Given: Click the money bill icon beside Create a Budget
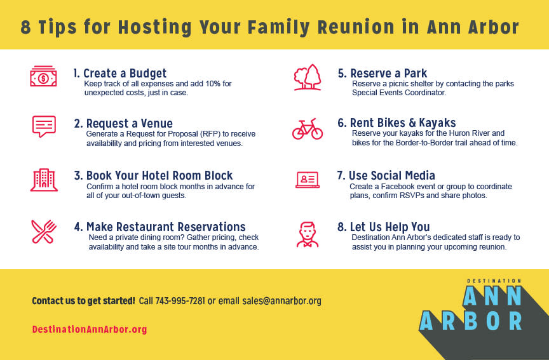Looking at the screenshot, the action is pyautogui.click(x=43, y=76).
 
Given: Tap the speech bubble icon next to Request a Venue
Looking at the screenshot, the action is pyautogui.click(x=44, y=126).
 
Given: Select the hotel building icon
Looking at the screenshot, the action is pyautogui.click(x=44, y=180).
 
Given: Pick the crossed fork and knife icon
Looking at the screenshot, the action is pyautogui.click(x=44, y=232).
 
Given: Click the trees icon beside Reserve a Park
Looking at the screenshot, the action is pyautogui.click(x=308, y=77).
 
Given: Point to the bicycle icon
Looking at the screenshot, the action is pyautogui.click(x=308, y=129).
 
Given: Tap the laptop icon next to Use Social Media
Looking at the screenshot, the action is pyautogui.click(x=308, y=180).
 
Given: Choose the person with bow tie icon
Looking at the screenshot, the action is pyautogui.click(x=308, y=234).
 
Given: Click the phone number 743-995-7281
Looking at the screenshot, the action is pyautogui.click(x=180, y=301).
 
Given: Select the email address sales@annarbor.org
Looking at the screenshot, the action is pyautogui.click(x=282, y=301).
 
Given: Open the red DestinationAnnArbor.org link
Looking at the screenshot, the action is pyautogui.click(x=90, y=330).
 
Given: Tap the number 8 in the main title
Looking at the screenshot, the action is pyautogui.click(x=25, y=27).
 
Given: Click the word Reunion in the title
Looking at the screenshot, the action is pyautogui.click(x=356, y=27).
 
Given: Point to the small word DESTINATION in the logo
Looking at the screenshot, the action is pyautogui.click(x=494, y=281).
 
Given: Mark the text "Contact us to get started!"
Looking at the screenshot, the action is pyautogui.click(x=83, y=301).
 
